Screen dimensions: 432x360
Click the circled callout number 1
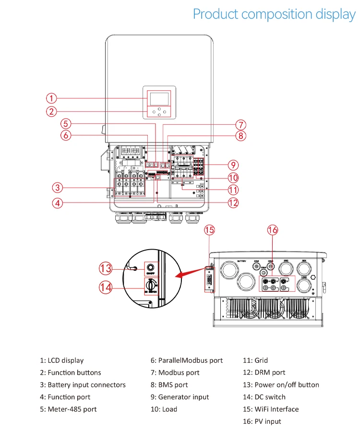51,98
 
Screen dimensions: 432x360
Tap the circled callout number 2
51,112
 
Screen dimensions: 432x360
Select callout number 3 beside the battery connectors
57,187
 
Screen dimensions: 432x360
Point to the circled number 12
233,203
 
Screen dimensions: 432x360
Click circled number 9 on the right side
233,165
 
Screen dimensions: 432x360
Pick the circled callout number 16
272,230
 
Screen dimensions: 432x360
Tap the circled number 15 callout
209,230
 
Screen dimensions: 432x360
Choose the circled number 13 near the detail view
106,267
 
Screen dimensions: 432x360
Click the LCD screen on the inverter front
159,98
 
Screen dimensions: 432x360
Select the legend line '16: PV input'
262,421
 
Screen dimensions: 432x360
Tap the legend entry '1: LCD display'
61,360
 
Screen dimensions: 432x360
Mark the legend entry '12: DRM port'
264,372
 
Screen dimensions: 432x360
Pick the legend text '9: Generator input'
180,397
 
